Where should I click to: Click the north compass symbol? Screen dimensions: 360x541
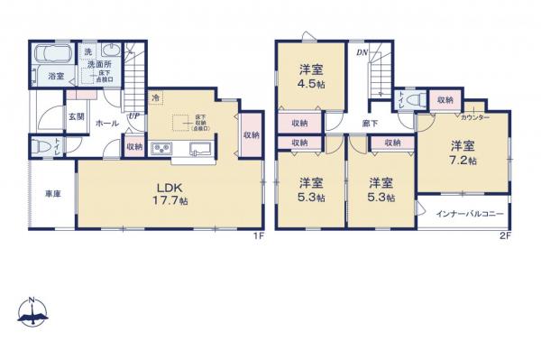tap(32, 311)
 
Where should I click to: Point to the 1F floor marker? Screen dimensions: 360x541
tap(257, 236)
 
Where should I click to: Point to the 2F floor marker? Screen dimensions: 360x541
tap(504, 236)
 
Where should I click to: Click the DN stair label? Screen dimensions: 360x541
tap(360, 53)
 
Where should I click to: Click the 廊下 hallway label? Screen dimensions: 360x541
tap(371, 122)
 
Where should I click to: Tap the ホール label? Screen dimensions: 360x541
tap(105, 122)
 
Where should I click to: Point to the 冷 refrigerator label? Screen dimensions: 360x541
tap(156, 97)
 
